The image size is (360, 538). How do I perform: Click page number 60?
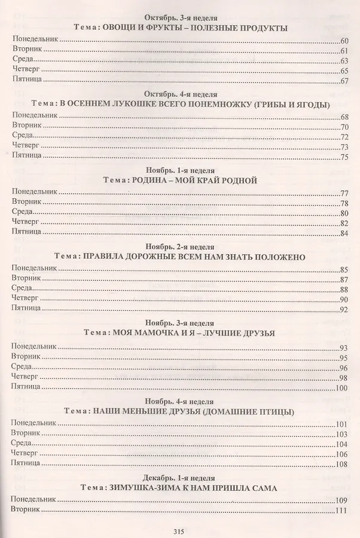(x=344, y=41)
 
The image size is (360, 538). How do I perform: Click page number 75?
(x=344, y=157)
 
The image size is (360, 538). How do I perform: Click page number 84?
(x=344, y=233)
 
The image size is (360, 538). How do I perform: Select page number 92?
(x=344, y=310)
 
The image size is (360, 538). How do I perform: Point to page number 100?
(x=342, y=387)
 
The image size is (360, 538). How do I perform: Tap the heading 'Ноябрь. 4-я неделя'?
(x=180, y=401)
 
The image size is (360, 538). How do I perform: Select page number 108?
(x=342, y=464)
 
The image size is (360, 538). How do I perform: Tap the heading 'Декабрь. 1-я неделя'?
(x=180, y=478)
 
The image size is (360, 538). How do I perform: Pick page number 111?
(x=342, y=510)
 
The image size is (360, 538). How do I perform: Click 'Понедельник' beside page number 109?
(x=33, y=499)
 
